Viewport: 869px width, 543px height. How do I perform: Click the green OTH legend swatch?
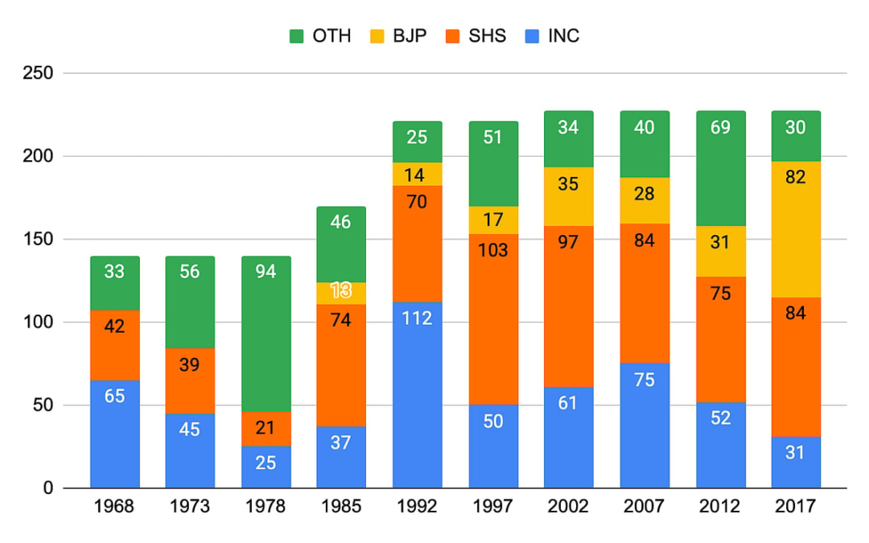point(296,36)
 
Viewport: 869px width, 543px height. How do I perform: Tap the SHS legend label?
point(487,36)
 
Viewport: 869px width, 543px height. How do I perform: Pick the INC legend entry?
point(562,36)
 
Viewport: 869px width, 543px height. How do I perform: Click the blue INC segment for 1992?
point(417,394)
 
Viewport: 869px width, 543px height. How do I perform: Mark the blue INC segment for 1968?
point(114,434)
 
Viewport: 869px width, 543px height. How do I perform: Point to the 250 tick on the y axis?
point(39,73)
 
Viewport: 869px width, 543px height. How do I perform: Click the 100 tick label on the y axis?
point(39,323)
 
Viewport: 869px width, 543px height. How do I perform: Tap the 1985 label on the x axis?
point(341,507)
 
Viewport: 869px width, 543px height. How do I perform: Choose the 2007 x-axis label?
point(644,507)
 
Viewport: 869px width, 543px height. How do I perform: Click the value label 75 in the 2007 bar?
point(645,381)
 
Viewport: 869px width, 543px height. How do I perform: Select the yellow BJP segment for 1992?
point(417,174)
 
